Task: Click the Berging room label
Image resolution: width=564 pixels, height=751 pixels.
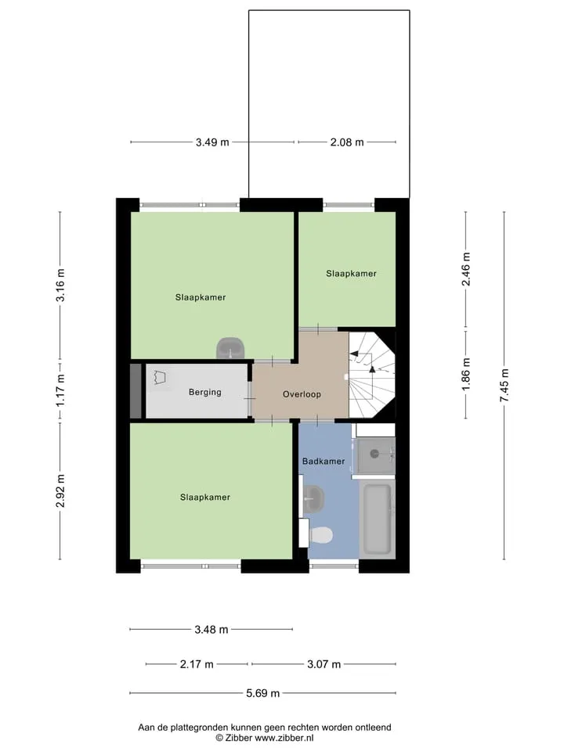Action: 204,392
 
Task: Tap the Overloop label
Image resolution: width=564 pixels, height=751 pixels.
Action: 302,394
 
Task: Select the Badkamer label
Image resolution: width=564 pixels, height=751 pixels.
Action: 324,462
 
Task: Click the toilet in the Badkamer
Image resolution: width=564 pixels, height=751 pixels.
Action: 321,535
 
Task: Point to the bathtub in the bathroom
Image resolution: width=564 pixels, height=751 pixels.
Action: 377,519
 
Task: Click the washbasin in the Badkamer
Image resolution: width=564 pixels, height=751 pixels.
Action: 313,498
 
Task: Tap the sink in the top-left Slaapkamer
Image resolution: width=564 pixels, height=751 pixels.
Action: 230,348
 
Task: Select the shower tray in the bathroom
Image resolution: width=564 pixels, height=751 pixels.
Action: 376,454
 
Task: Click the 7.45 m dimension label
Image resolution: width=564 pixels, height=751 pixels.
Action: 504,385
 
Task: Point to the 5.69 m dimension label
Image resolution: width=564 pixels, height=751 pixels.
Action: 263,693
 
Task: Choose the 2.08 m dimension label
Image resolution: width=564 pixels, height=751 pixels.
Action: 347,142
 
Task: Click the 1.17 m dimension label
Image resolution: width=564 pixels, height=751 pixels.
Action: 60,391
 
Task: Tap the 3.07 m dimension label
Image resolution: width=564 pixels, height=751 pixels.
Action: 324,664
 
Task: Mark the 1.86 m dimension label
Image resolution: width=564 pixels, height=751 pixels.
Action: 465,374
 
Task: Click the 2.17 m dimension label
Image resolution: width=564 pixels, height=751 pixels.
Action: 197,664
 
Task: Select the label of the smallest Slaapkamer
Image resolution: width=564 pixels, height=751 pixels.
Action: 351,274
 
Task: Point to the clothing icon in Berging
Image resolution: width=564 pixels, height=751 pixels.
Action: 160,377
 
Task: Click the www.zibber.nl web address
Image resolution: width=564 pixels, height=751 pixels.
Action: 284,738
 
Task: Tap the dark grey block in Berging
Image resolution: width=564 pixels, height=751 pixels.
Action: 136,391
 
